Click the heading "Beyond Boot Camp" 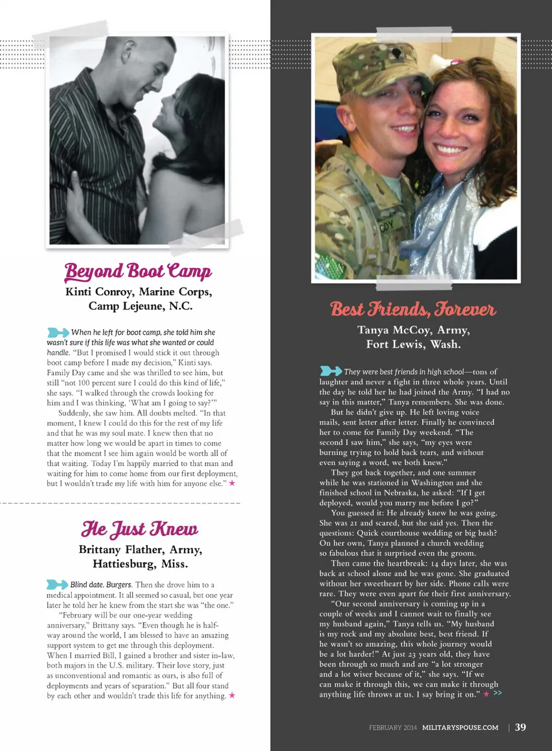click(138, 270)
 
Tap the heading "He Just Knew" click(140, 528)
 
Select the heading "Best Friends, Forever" click(413, 309)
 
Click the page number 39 click(520, 727)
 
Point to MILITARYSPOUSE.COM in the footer click(460, 727)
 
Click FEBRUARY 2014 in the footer click(393, 727)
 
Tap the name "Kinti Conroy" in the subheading click(99, 292)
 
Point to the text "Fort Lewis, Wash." click(413, 344)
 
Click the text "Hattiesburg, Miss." click(140, 564)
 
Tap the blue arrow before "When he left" click(58, 332)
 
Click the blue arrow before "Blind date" click(57, 584)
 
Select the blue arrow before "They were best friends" click(331, 371)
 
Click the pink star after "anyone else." click(232, 483)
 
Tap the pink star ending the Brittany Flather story click(232, 695)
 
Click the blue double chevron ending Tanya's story click(497, 693)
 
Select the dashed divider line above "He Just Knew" click(121, 503)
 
